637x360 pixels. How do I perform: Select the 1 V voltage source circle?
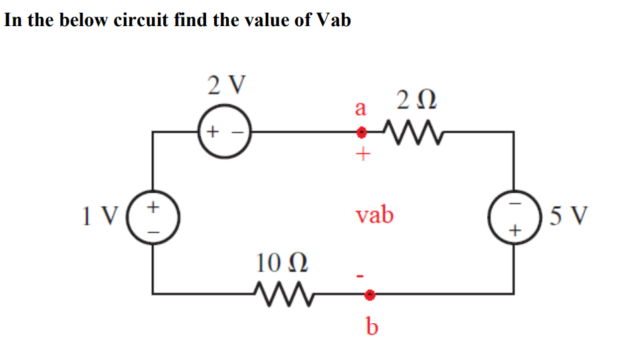coord(153,217)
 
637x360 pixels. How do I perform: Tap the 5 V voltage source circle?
coord(514,217)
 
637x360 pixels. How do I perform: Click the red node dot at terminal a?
coord(361,132)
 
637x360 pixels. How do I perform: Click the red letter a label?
coord(361,107)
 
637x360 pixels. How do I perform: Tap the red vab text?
coord(375,215)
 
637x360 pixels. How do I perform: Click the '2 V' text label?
coord(226,85)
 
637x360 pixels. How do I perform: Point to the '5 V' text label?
coord(567,216)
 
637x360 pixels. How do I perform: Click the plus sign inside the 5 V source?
coord(514,232)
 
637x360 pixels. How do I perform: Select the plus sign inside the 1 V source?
coord(153,205)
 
